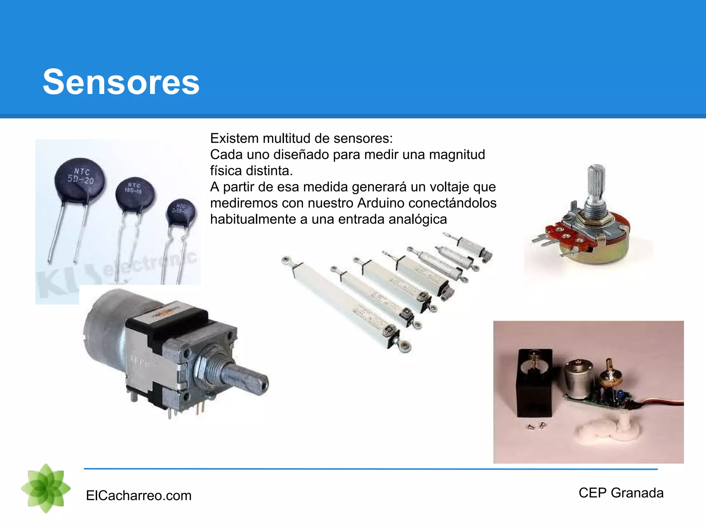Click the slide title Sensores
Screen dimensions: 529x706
point(121,82)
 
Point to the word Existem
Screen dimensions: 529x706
point(234,138)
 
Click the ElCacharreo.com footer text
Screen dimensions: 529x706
point(139,496)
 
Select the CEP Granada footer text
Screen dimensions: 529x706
point(621,493)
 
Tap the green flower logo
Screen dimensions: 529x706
point(46,488)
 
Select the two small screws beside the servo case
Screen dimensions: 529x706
point(536,426)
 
